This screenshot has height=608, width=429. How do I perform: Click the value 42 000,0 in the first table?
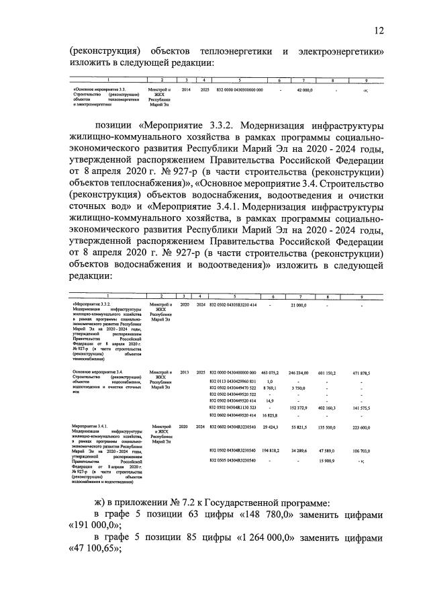304,89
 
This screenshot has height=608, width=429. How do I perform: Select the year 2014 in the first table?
186,89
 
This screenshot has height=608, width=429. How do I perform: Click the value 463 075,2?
270,372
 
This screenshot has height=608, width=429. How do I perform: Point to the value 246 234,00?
299,372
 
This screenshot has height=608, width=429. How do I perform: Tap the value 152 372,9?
299,407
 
